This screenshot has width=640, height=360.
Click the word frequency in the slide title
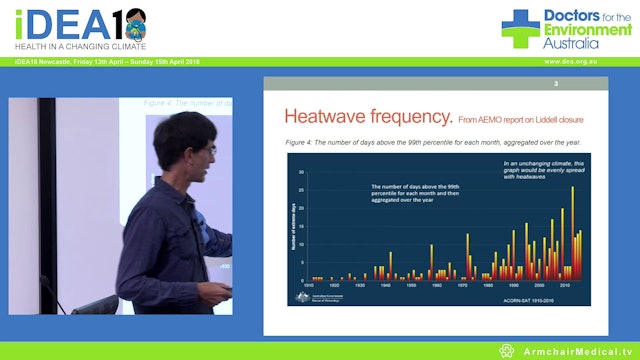tap(411, 114)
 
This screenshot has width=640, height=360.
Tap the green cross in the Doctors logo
tap(520, 28)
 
